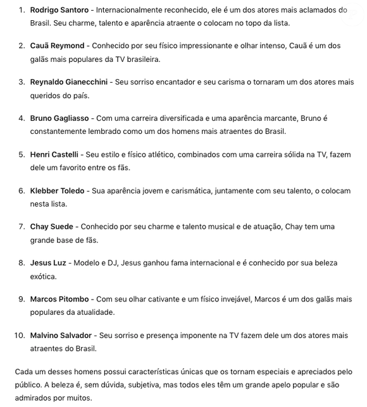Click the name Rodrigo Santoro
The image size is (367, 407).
[59, 10]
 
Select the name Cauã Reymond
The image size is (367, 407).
[57, 46]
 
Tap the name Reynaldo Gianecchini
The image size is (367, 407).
[69, 82]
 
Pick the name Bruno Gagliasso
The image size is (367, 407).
[60, 118]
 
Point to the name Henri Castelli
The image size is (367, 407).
[54, 154]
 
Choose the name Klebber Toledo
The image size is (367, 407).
[57, 190]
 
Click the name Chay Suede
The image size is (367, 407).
[51, 226]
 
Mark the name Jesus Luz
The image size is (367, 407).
[47, 262]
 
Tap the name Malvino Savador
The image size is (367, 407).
[61, 334]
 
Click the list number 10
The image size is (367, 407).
[19, 334]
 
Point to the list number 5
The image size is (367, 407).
[22, 154]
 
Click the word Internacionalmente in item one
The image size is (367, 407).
[130, 10]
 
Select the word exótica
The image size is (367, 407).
[43, 276]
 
